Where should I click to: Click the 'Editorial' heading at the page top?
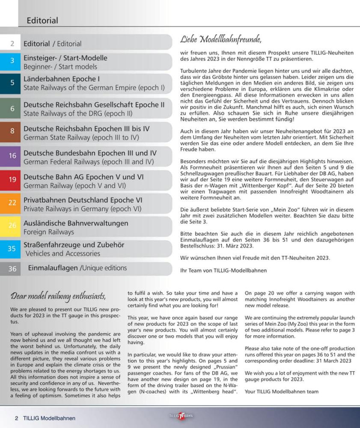tap(42, 21)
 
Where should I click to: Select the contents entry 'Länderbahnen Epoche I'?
tap(62, 79)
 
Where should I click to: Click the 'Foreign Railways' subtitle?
tap(49, 232)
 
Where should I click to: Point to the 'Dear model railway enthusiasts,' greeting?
tap(58, 296)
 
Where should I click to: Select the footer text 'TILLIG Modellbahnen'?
tap(49, 418)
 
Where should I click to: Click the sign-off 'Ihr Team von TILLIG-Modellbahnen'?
tap(223, 270)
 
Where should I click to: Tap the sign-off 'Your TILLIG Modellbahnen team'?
tap(282, 391)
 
